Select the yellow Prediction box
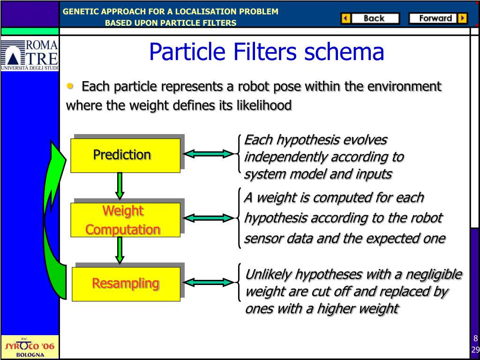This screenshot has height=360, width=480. coord(125,155)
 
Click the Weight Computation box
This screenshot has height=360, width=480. coord(125,220)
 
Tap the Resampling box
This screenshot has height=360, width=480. coord(126,284)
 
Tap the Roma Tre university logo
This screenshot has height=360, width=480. coord(30,55)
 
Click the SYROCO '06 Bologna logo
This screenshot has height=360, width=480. coord(30,347)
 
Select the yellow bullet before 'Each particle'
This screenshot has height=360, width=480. coord(70,86)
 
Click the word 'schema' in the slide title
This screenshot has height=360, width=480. coord(344,52)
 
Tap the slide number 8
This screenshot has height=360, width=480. coord(475,338)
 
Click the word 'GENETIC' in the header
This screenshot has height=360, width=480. coord(80,11)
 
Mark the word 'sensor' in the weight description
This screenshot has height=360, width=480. coord(261,239)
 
